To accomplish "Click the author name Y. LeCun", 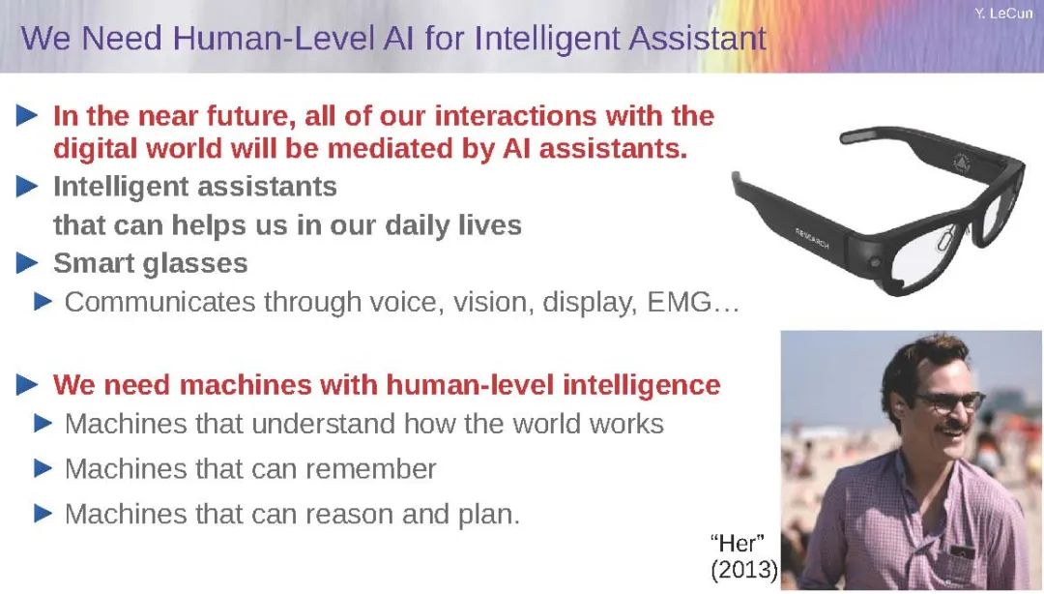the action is point(1004,14).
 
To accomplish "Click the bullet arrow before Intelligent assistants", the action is point(27,187).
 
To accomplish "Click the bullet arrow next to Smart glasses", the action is point(27,263).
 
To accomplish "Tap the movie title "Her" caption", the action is point(737,544).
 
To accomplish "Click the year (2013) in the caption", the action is point(744,570).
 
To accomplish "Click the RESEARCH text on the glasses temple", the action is point(812,238).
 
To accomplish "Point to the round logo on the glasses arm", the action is point(961,162).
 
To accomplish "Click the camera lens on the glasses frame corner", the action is point(875,263).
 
